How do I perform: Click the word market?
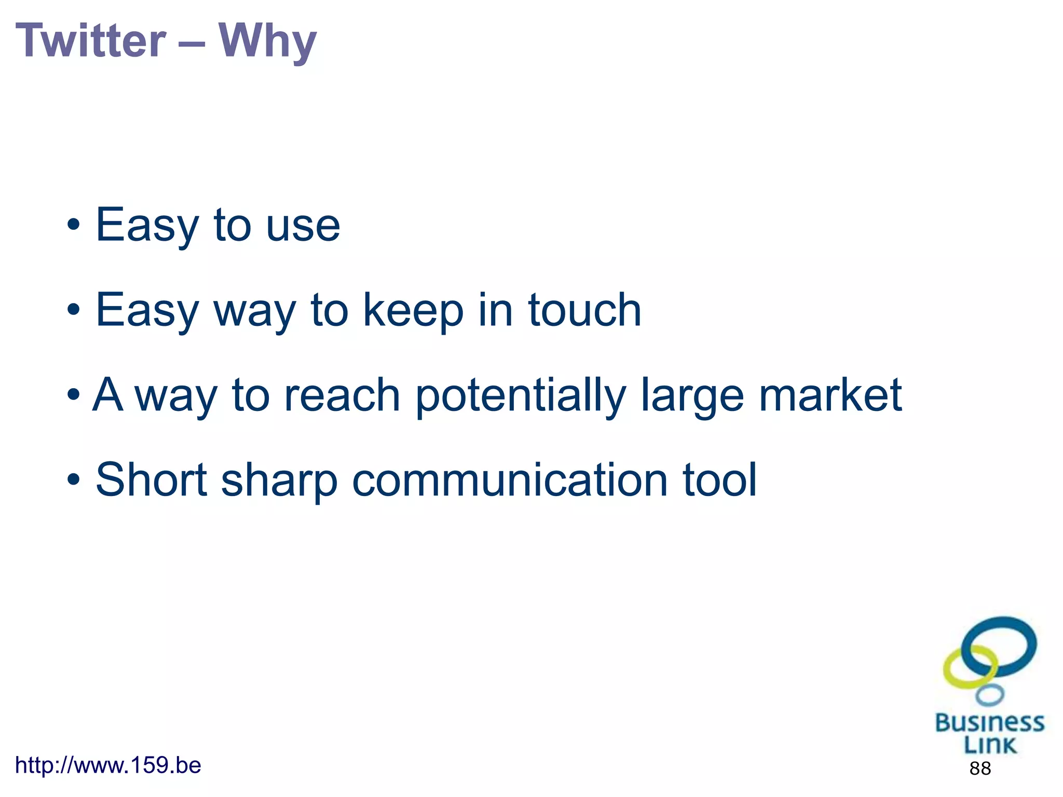[830, 395]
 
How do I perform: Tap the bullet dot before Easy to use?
[74, 225]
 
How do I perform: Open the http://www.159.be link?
[108, 765]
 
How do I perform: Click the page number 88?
[979, 768]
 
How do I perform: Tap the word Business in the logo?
[989, 723]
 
